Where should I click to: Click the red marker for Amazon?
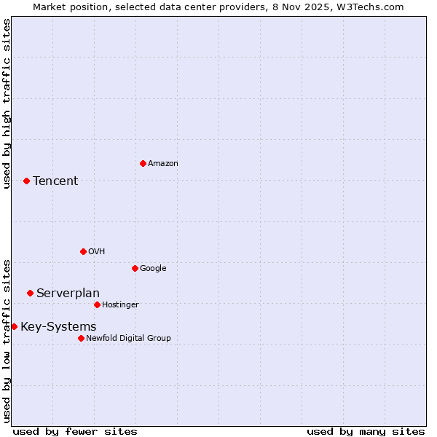(143, 163)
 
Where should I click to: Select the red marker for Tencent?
(26, 181)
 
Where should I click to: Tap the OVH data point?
(83, 251)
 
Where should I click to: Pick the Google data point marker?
(135, 268)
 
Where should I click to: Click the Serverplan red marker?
(30, 293)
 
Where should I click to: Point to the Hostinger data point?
(97, 304)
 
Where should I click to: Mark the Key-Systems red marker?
(14, 326)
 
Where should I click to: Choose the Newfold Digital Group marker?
(81, 338)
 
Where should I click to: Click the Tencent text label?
(55, 181)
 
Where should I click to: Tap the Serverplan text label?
(68, 293)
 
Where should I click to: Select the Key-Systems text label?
(58, 326)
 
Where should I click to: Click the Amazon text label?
(163, 163)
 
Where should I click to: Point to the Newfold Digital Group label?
(128, 338)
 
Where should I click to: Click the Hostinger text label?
(120, 304)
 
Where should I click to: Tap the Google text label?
(153, 268)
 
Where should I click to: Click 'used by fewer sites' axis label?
(75, 431)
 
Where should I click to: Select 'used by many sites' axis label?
(366, 431)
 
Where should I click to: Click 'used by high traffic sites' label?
(7, 103)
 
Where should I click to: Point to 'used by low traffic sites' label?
(7, 340)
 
